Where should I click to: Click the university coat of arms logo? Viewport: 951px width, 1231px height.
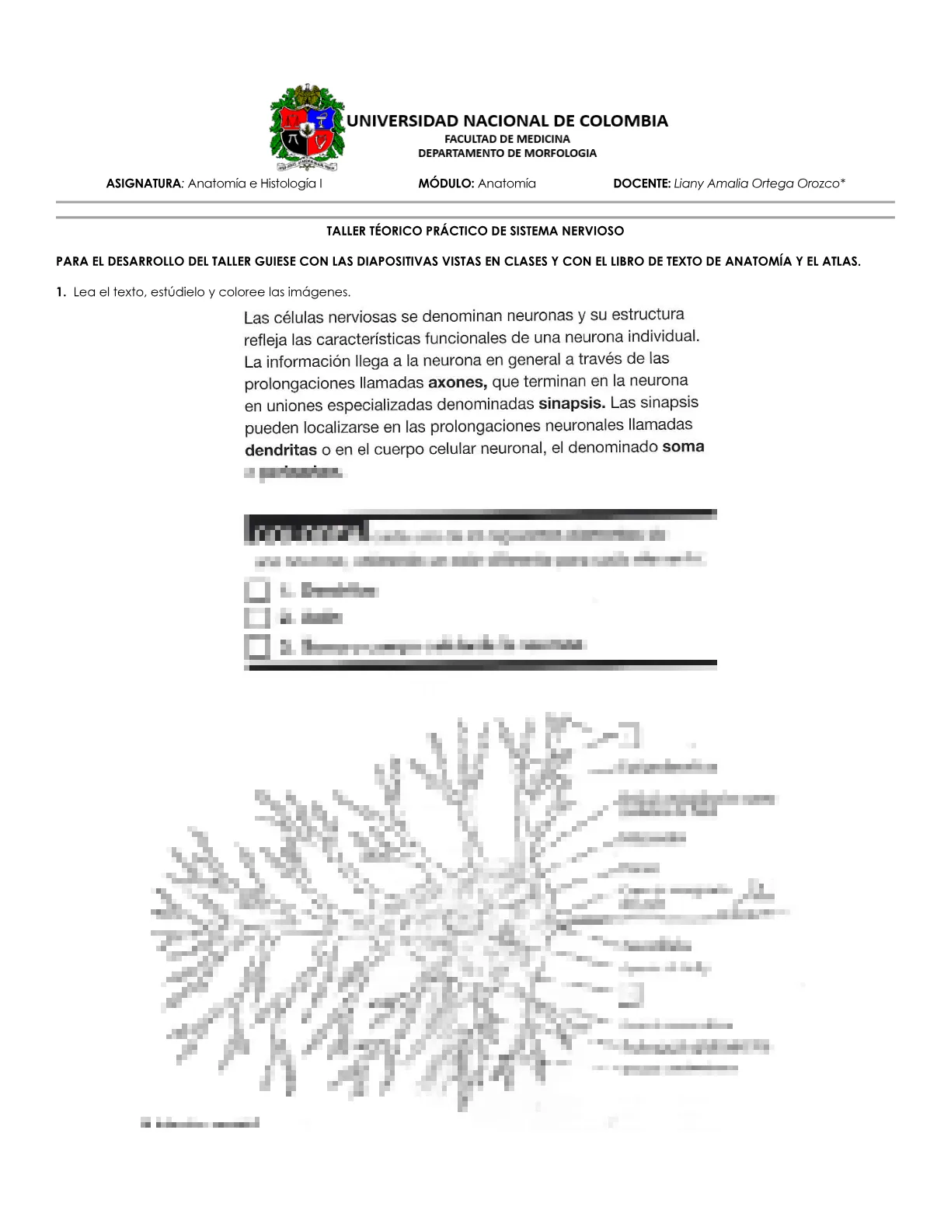306,127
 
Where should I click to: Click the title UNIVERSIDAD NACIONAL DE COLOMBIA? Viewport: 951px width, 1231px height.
507,121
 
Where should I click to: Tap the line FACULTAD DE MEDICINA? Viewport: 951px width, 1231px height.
507,139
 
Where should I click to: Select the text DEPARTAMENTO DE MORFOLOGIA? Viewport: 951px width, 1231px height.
507,153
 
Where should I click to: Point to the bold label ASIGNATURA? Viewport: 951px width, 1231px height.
143,184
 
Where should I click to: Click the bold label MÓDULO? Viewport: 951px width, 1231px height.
446,184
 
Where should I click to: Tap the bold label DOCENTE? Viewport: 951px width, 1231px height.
642,184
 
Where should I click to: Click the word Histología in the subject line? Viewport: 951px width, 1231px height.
287,184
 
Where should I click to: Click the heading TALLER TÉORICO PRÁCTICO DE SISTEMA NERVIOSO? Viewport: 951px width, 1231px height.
475,231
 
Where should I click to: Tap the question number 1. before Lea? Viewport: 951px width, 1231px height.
61,292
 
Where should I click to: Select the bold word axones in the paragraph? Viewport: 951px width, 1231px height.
458,382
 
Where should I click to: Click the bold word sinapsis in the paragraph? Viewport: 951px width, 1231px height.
571,403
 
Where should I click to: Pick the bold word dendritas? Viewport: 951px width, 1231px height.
280,450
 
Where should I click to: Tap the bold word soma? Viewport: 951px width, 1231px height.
683,447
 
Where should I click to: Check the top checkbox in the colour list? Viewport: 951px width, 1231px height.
257,591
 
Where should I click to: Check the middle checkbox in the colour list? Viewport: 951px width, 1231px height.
257,618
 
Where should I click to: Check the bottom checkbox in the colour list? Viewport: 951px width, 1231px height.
257,646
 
